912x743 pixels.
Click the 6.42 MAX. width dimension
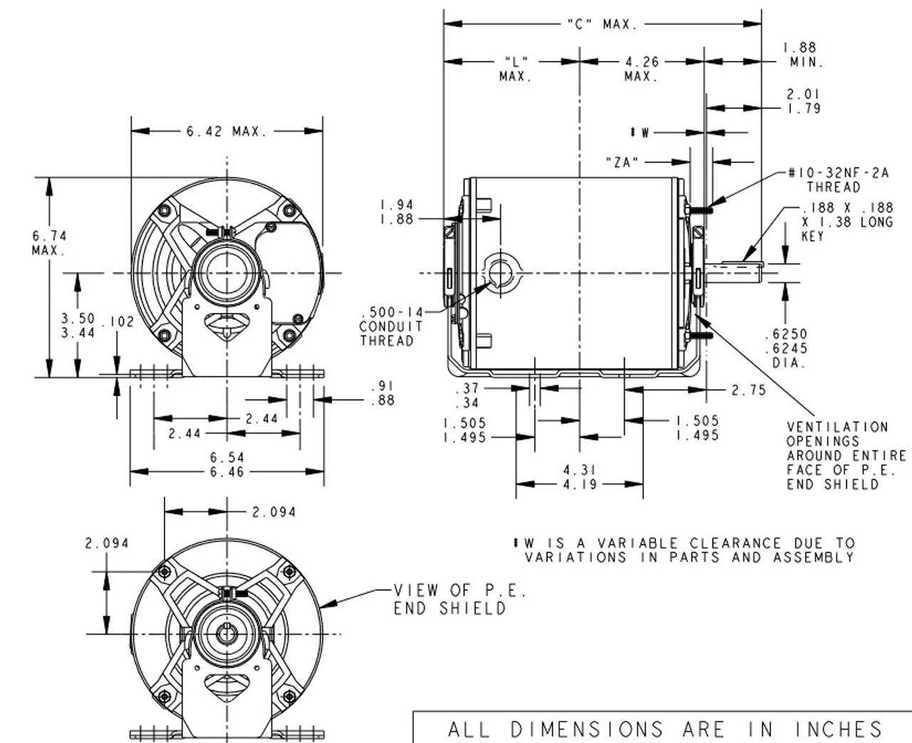pos(227,132)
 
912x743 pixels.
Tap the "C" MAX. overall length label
pos(602,25)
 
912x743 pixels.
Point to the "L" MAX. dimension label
pos(515,69)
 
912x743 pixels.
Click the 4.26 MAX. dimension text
pos(641,69)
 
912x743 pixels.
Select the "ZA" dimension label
pos(622,162)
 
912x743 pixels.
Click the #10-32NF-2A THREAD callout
pos(838,180)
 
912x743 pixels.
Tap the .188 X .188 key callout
pos(846,221)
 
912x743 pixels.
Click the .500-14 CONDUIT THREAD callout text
pos(392,327)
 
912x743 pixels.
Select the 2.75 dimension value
pos(748,390)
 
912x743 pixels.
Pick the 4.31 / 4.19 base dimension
pos(579,477)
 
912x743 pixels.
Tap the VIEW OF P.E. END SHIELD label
pos(460,599)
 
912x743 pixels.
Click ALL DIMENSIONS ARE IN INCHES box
pos(664,729)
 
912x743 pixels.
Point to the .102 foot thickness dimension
pos(117,322)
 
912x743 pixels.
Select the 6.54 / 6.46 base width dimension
pos(227,464)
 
